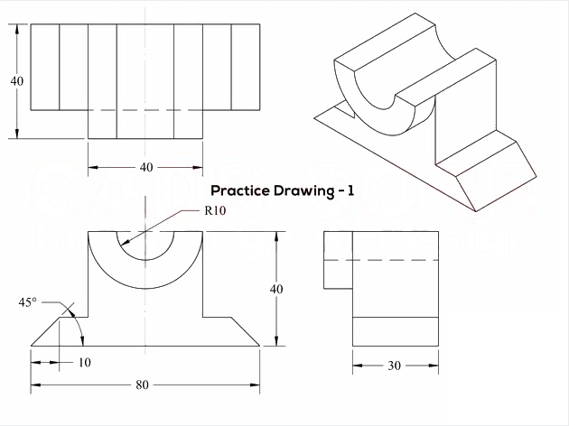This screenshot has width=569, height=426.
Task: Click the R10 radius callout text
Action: coord(215,210)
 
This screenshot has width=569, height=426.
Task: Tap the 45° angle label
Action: coord(28,302)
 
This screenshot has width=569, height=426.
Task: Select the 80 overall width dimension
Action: coord(143,384)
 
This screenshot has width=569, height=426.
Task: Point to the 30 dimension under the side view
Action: coord(395,366)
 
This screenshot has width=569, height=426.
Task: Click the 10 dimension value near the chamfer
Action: coord(85,362)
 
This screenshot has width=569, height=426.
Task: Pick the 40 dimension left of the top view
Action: coord(16,81)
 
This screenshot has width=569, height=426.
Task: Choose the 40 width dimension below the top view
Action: coord(146,167)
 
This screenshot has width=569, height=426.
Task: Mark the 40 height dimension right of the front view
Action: coord(276,289)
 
